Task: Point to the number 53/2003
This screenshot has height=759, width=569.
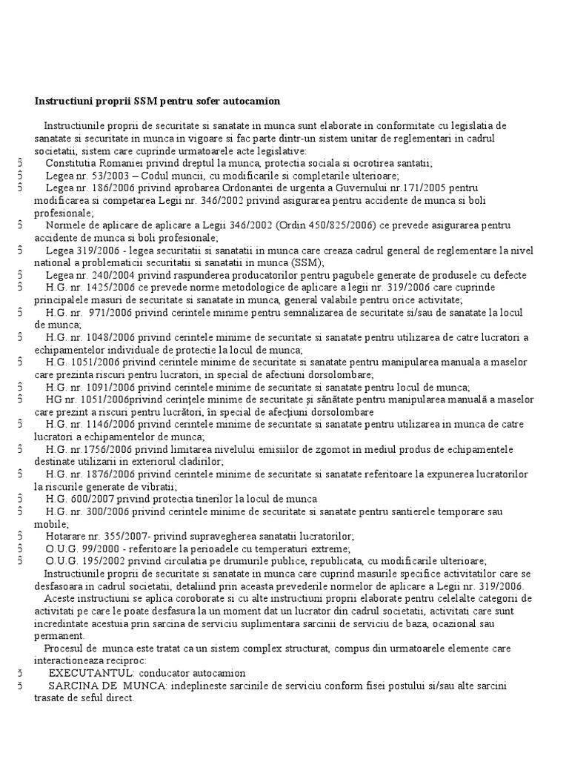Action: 99,176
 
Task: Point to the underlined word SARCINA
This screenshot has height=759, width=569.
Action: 72,686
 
